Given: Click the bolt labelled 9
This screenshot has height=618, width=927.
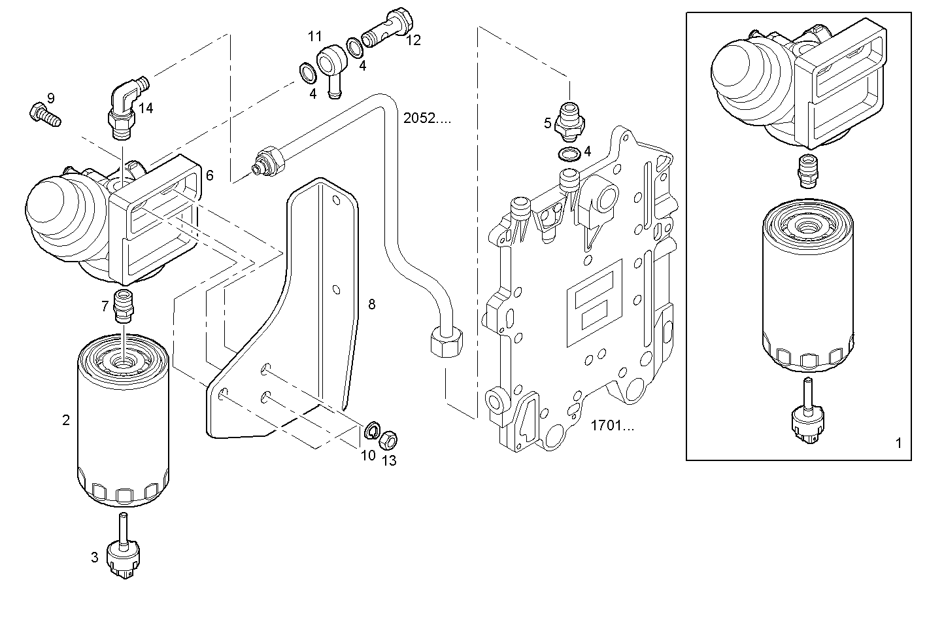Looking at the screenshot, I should [44, 115].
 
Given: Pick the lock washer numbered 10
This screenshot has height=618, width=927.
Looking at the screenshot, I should [371, 430].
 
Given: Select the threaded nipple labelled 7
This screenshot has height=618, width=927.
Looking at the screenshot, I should [123, 306].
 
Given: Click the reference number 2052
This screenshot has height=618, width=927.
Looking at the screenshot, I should [427, 118].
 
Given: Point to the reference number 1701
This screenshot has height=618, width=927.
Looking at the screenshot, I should [612, 426].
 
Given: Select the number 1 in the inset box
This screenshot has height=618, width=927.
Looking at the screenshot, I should [898, 443].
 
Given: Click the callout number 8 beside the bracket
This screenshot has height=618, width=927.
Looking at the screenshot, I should [371, 304].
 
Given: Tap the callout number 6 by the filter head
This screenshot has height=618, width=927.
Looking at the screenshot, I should [209, 175].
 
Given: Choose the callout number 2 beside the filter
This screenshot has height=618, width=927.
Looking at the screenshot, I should [66, 420].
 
